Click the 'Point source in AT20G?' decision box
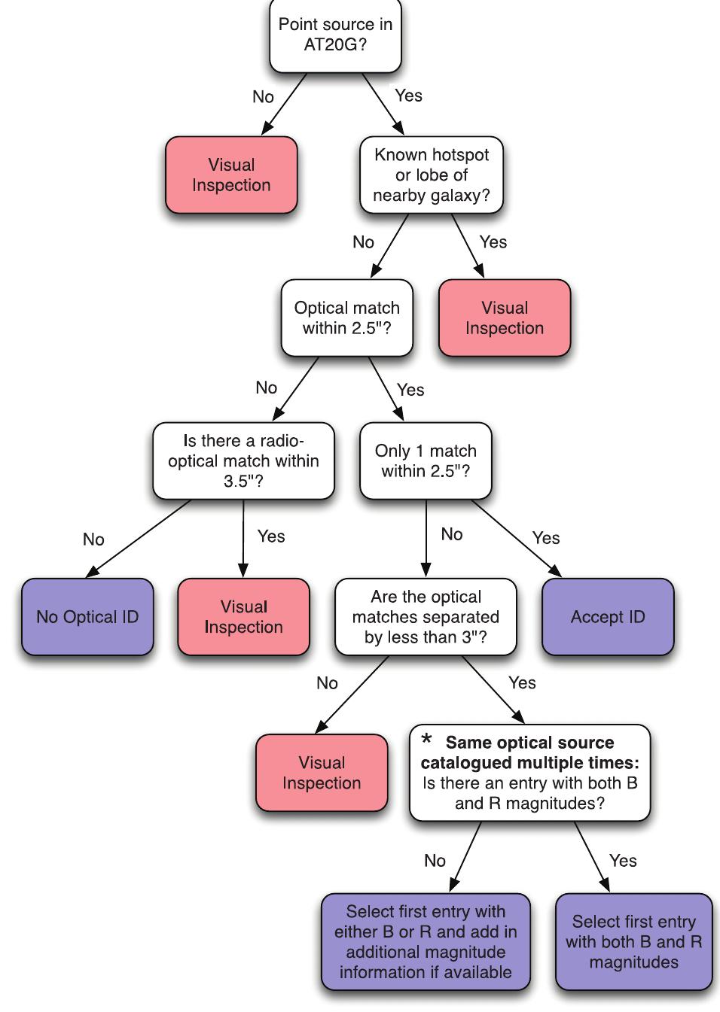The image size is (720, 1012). click(x=335, y=35)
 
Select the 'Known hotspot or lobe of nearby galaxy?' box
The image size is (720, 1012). click(x=432, y=175)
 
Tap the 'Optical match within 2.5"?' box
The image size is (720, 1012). click(x=346, y=318)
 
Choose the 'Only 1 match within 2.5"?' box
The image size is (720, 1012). click(x=426, y=460)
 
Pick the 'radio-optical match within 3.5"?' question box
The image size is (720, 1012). click(x=243, y=460)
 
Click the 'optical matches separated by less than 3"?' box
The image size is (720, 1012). click(x=426, y=617)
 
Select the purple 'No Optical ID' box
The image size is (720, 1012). click(x=87, y=617)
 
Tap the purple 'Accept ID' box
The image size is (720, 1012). click(x=608, y=617)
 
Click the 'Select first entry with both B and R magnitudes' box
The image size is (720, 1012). click(x=633, y=942)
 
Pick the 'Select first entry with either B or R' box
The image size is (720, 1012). click(x=426, y=942)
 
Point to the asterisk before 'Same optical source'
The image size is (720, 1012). click(x=427, y=740)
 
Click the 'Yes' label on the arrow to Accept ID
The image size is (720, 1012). click(x=546, y=538)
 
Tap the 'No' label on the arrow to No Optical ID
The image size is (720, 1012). click(x=93, y=539)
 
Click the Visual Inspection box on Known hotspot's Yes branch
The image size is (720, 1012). click(x=505, y=318)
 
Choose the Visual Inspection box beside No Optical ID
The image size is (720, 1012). click(x=243, y=617)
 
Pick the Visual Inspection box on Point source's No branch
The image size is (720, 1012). click(x=231, y=175)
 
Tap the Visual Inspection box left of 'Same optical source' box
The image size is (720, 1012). click(x=322, y=773)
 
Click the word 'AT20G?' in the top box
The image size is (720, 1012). click(x=335, y=44)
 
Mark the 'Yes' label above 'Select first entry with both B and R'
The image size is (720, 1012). click(x=623, y=860)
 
